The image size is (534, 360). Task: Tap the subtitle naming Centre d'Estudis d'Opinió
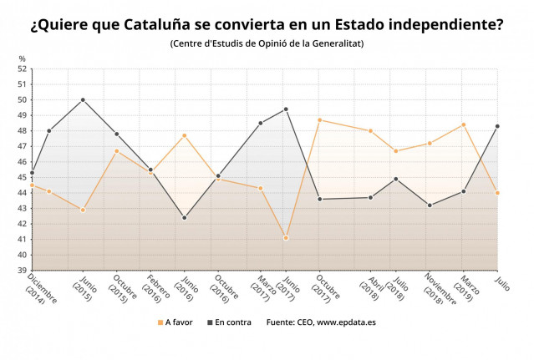click(x=267, y=43)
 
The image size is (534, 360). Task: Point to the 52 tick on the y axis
click(x=23, y=69)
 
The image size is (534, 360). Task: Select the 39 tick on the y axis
click(x=23, y=270)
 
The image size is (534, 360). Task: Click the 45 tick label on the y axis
click(x=23, y=177)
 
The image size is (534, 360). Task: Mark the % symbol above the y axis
click(x=23, y=58)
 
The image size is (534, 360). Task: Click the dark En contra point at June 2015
click(x=83, y=100)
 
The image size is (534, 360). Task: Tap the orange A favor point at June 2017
click(x=286, y=238)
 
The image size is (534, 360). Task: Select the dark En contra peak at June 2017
click(x=286, y=109)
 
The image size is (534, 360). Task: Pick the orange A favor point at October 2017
click(x=319, y=119)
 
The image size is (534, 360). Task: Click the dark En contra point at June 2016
click(x=184, y=217)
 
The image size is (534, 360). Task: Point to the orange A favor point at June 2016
click(x=184, y=135)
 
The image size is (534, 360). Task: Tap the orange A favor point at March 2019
click(x=463, y=124)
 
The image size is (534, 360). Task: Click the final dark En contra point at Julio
click(x=497, y=126)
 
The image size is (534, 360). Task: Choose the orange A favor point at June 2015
click(x=83, y=210)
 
